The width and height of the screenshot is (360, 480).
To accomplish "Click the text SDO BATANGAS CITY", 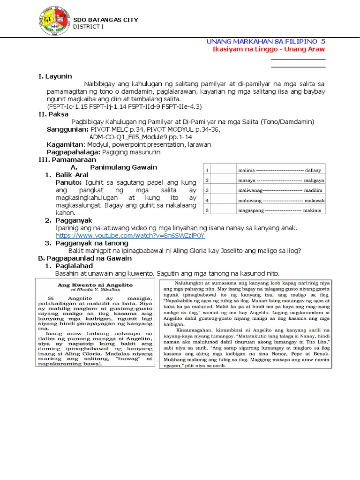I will tap(105, 20).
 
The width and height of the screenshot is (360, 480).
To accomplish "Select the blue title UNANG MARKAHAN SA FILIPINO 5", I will tap(265, 42).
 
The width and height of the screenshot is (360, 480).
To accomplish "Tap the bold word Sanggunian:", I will tap(68, 129).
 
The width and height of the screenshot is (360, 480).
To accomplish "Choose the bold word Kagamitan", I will tap(65, 145).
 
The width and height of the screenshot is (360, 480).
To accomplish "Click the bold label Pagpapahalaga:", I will tap(76, 152).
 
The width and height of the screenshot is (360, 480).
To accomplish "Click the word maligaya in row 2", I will tap(314, 180).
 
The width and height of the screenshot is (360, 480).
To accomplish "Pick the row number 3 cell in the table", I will tap(207, 190).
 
